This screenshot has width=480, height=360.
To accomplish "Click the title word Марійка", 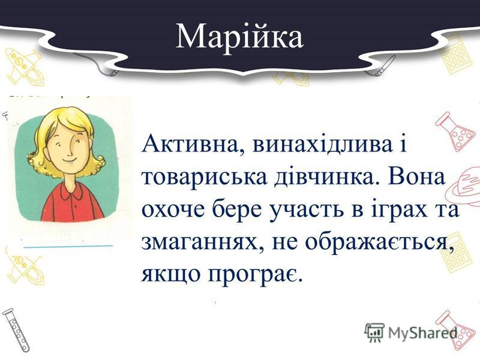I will click(239, 37).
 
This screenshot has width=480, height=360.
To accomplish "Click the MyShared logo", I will click(411, 331).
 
